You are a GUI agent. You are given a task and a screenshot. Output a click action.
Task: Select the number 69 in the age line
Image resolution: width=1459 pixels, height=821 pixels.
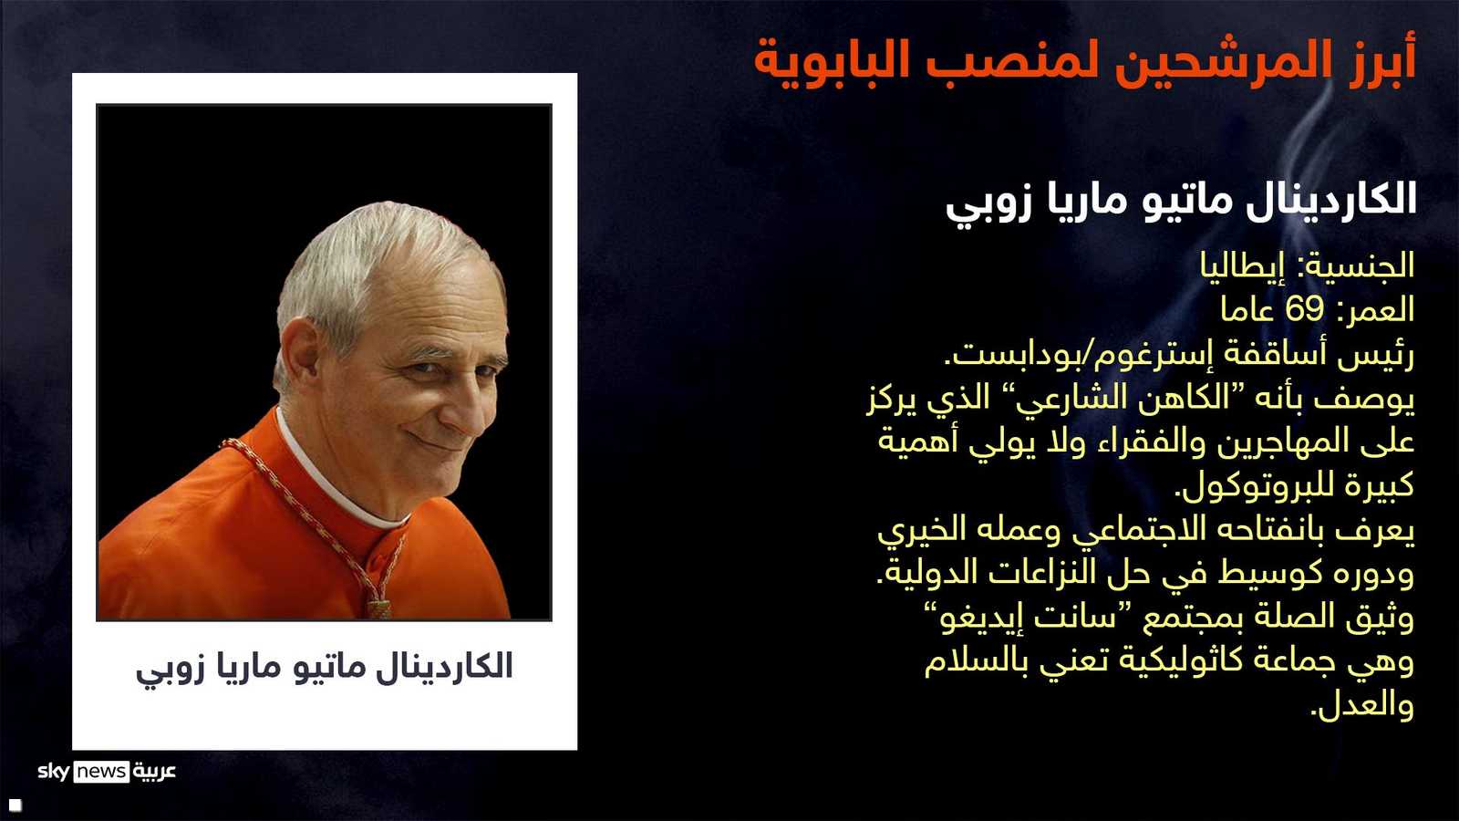click(1305, 310)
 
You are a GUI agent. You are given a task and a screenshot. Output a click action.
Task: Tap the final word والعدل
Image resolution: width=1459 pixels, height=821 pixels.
click(1362, 706)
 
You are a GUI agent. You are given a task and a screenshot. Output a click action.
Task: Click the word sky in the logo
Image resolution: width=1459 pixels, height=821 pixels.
click(54, 772)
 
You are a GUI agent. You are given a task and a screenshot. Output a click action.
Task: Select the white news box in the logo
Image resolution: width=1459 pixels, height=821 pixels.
click(101, 772)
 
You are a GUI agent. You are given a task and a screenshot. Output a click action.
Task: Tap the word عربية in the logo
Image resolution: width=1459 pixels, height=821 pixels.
click(155, 772)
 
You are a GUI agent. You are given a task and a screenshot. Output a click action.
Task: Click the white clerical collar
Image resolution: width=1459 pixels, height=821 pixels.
click(338, 479)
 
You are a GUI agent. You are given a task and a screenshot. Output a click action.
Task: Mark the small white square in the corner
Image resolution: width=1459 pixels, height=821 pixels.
click(16, 805)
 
